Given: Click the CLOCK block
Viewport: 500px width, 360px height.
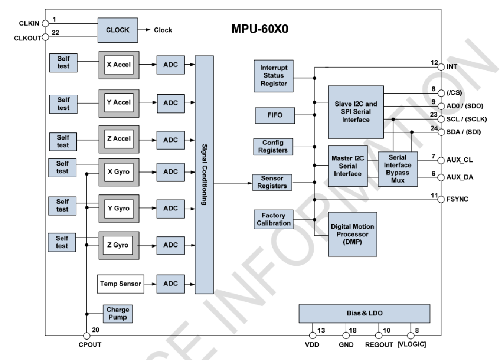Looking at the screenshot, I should click(x=118, y=30).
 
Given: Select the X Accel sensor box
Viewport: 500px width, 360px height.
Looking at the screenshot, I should click(x=119, y=65).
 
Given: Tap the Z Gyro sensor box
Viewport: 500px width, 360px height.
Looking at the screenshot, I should click(x=118, y=245).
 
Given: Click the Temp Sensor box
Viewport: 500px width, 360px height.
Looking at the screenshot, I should click(x=120, y=283).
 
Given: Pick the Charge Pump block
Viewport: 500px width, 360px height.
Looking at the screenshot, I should click(x=117, y=313).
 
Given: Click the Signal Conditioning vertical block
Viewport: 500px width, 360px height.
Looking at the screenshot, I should click(x=204, y=174).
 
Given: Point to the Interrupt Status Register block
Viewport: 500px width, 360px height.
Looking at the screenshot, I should click(x=274, y=76).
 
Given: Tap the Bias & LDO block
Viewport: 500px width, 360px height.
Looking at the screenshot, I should click(x=364, y=313).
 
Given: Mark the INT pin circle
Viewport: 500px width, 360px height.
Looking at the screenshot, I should click(x=441, y=67).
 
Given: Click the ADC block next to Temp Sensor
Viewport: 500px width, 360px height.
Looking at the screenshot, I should click(x=170, y=283).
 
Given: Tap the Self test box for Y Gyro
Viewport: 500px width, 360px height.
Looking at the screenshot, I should click(x=63, y=205).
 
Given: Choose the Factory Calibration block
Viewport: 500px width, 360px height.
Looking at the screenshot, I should click(x=274, y=219).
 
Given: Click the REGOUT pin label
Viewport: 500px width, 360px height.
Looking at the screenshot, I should click(x=379, y=345).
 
